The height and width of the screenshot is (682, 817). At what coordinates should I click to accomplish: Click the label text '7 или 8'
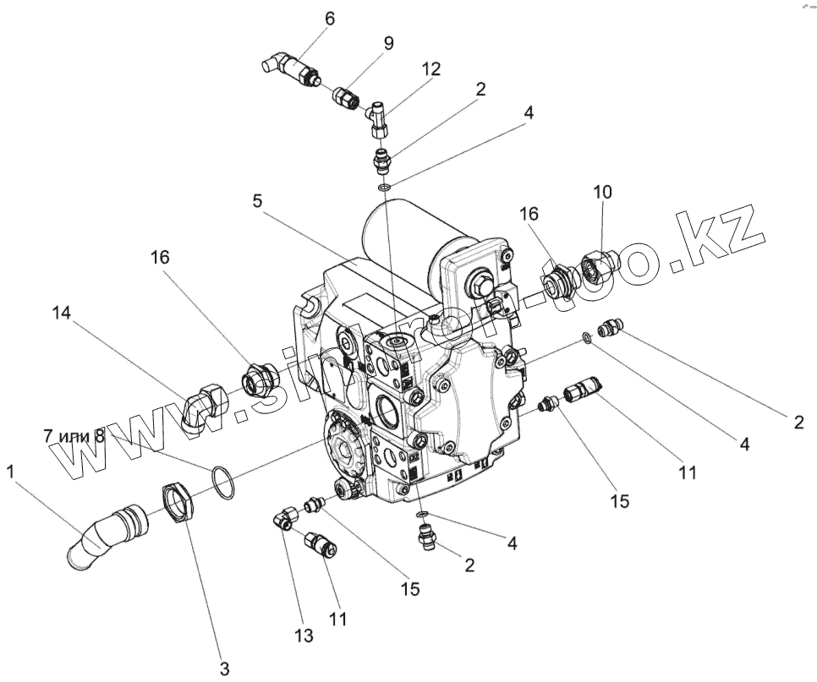coord(74,436)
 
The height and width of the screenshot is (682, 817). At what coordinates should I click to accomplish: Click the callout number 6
coord(330,18)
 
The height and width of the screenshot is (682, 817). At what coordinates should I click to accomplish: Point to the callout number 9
coord(388,42)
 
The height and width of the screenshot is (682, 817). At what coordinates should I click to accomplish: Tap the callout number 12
coord(432,69)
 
